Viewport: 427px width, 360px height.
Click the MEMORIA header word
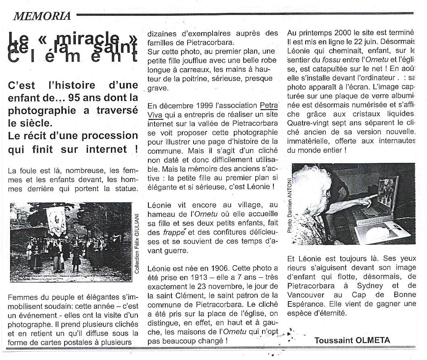pos(42,16)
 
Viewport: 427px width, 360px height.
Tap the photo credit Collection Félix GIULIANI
pos(137,243)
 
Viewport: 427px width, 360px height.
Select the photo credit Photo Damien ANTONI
pos(289,205)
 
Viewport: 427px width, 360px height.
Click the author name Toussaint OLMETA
pos(352,340)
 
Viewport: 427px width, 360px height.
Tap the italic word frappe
pos(173,233)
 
